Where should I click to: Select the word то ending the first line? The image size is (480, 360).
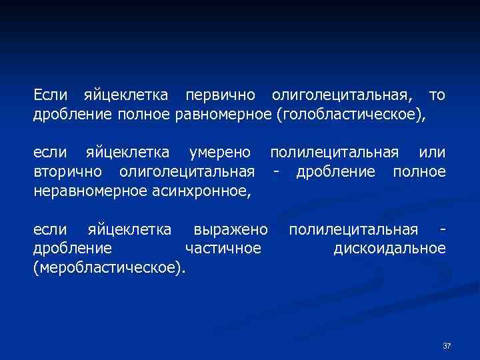(437, 96)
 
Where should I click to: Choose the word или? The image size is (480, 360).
(433, 153)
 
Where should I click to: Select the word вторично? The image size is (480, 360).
(67, 172)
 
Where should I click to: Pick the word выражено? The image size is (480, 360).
(230, 230)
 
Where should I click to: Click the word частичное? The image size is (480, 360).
(222, 249)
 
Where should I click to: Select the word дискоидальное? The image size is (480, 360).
(389, 249)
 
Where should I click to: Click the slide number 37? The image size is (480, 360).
(447, 346)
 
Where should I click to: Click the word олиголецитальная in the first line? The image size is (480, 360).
(337, 96)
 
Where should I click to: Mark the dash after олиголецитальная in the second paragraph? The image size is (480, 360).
(275, 172)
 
